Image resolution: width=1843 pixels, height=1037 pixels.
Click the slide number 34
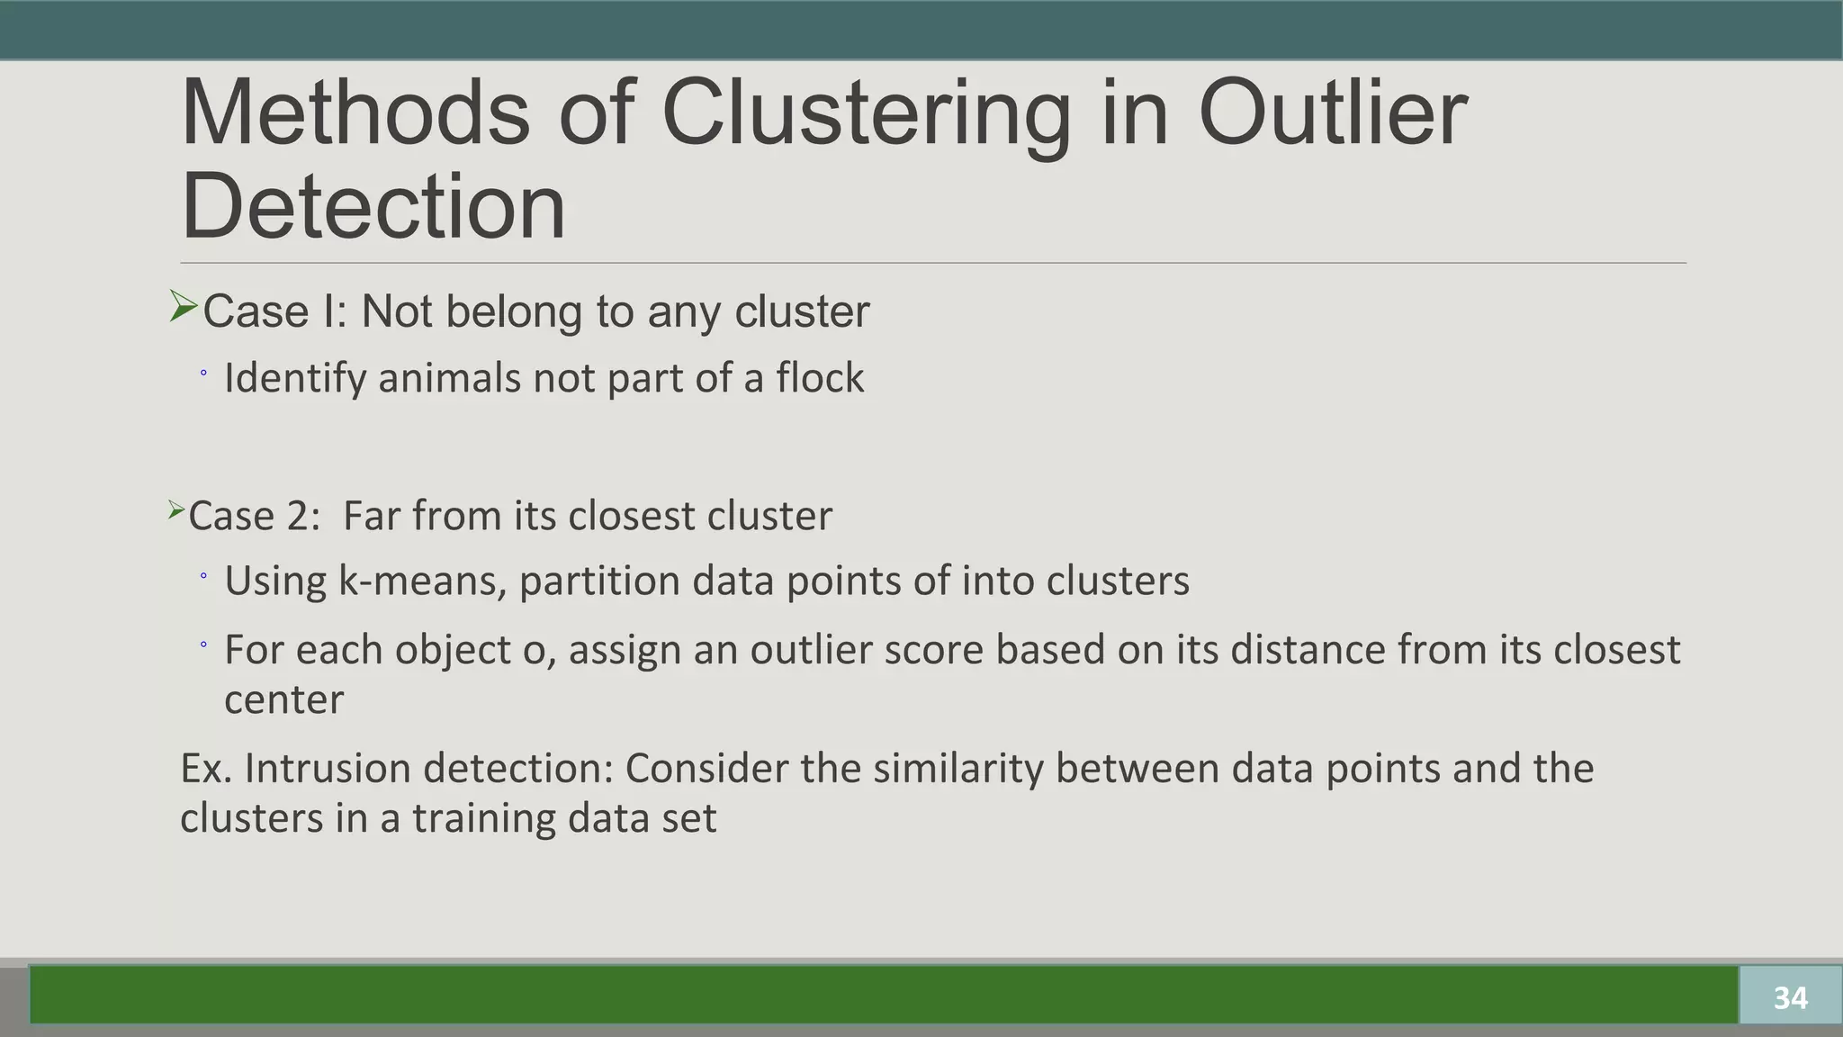[1790, 997]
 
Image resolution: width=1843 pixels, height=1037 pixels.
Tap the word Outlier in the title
[1333, 113]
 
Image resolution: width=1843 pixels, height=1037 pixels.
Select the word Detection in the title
[373, 206]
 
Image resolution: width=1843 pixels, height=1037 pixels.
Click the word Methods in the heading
[355, 113]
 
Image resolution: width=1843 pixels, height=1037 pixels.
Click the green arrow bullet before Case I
[183, 308]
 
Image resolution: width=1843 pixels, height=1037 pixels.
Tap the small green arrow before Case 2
[175, 511]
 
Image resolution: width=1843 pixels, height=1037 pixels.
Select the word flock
[820, 378]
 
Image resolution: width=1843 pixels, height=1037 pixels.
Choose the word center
[283, 700]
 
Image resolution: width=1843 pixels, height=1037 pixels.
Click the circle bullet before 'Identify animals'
[203, 373]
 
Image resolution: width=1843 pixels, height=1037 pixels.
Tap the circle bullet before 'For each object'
[203, 645]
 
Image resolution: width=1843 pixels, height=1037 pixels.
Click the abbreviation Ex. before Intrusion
[206, 769]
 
